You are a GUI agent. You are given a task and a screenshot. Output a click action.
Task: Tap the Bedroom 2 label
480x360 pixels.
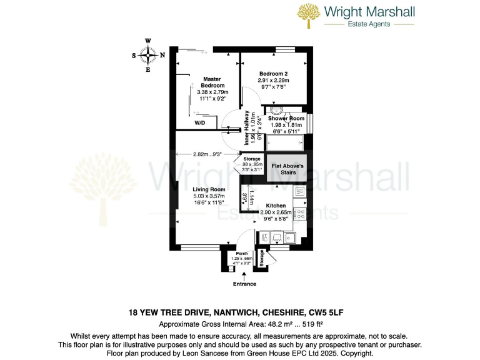[273, 74]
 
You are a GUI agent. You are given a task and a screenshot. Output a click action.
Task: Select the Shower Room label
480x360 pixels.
[286, 118]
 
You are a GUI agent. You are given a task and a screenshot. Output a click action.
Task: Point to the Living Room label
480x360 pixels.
[209, 189]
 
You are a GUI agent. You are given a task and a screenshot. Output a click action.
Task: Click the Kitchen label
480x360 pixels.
[276, 206]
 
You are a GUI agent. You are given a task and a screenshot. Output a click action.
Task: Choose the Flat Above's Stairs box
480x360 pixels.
[287, 169]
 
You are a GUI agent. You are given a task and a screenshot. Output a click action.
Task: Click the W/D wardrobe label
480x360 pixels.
[200, 123]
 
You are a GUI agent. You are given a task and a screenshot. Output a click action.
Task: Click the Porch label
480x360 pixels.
[242, 254]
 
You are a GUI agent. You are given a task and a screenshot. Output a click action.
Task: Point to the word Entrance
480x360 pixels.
[244, 284]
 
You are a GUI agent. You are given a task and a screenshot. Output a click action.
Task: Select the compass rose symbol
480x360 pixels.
[148, 55]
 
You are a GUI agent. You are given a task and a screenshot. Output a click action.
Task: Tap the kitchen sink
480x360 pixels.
[290, 237]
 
